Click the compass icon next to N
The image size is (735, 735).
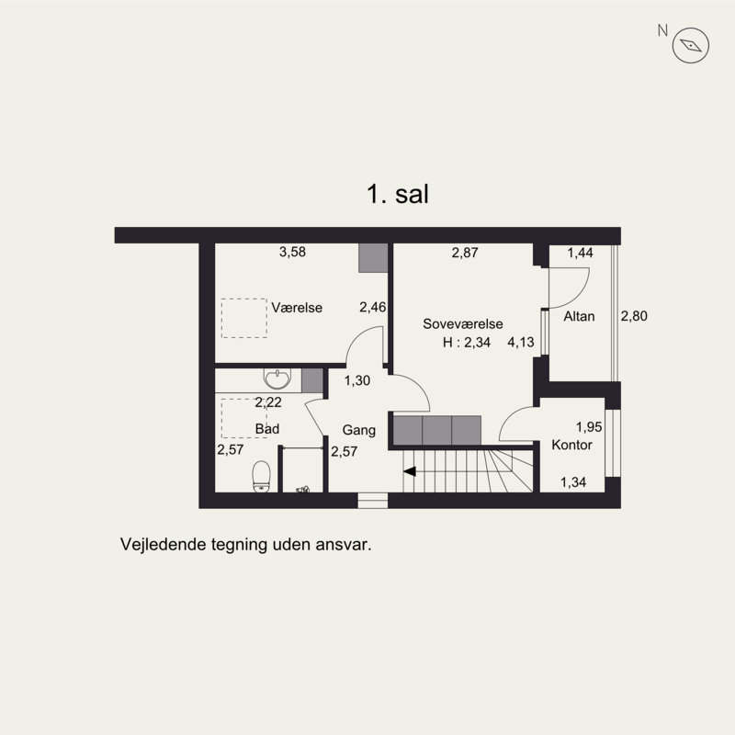[x=692, y=44]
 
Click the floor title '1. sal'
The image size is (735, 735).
[x=399, y=194]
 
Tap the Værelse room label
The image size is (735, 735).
[x=297, y=308]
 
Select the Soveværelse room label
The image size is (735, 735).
[x=463, y=324]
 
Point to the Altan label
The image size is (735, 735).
[x=580, y=317]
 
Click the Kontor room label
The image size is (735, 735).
[x=571, y=445]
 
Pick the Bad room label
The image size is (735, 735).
[x=267, y=429]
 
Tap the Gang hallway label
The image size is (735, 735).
[x=359, y=429]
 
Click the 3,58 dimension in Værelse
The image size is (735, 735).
[x=292, y=253]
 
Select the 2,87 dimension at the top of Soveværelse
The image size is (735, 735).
[x=465, y=253]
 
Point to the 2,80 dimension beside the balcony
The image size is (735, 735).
[x=634, y=317]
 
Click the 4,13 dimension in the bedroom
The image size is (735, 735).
[x=522, y=343]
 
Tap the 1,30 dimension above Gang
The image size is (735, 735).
[x=357, y=380]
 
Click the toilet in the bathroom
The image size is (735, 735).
[x=261, y=475]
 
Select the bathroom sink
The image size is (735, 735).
[x=275, y=379]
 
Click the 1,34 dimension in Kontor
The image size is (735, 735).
[x=574, y=482]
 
